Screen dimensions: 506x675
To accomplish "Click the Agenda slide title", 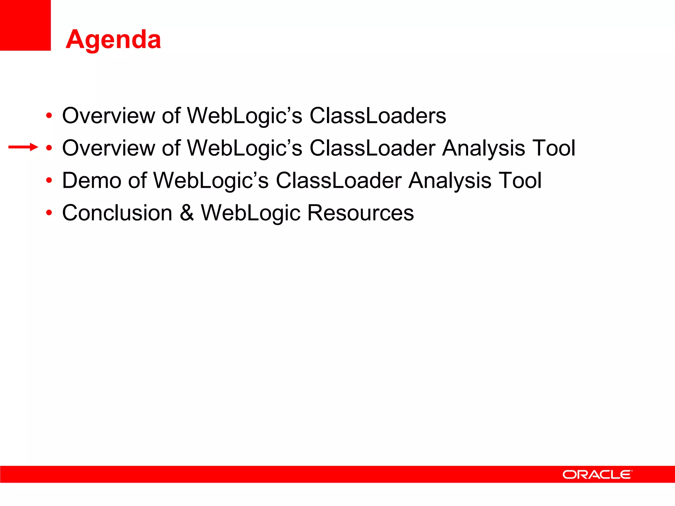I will tap(113, 40).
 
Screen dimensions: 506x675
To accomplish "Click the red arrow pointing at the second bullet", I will tap(23, 147).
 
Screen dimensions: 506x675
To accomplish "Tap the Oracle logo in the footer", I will tap(597, 475).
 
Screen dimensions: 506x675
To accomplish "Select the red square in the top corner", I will tap(25, 25).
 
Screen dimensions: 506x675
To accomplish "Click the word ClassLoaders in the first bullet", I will tap(378, 116).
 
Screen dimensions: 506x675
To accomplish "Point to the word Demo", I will tap(92, 181).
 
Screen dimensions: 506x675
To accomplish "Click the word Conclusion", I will tap(117, 213).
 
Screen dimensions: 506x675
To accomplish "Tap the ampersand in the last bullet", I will tap(187, 213).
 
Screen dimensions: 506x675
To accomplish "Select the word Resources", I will tap(360, 213).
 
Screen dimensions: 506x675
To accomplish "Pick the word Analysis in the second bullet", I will tap(484, 148).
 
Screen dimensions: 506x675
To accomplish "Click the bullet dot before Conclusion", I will tap(49, 213).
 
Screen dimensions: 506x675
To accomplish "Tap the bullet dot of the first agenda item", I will tap(49, 116).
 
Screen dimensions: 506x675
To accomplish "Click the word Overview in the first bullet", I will tap(108, 116).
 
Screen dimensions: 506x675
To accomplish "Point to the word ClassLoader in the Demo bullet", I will tap(339, 181).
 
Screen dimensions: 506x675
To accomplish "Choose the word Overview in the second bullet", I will tap(108, 148).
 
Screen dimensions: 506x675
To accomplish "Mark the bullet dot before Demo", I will tap(49, 181).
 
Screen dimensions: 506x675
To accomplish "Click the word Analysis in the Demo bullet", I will tap(450, 181).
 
